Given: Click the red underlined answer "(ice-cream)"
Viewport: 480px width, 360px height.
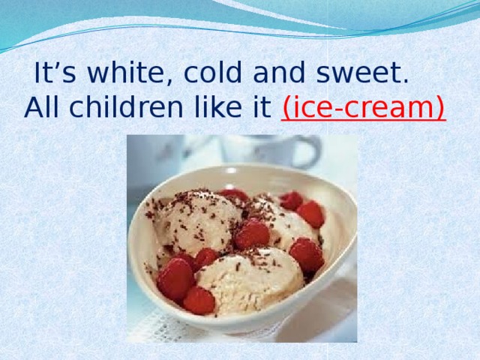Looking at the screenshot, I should pyautogui.click(x=364, y=109).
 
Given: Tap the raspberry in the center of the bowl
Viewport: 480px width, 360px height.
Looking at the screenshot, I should pyautogui.click(x=252, y=234).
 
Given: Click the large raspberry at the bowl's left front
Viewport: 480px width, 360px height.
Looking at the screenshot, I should pyautogui.click(x=175, y=278).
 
